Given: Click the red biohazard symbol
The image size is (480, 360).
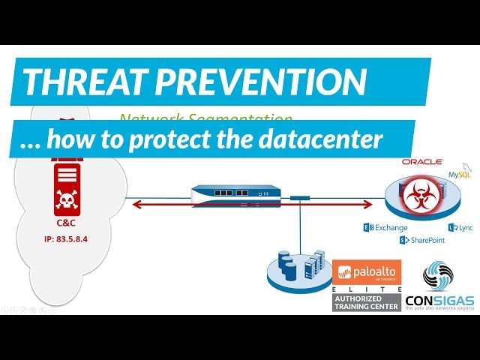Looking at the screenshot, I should click(412, 197).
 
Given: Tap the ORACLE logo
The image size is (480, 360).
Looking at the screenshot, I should click(421, 161).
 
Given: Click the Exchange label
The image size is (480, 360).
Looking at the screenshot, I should click(389, 226).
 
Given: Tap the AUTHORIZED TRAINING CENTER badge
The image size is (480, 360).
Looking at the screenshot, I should click(367, 301).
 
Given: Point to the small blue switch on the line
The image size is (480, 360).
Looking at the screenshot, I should click(301, 198).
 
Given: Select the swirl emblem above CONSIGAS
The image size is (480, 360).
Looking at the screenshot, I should click(439, 277).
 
